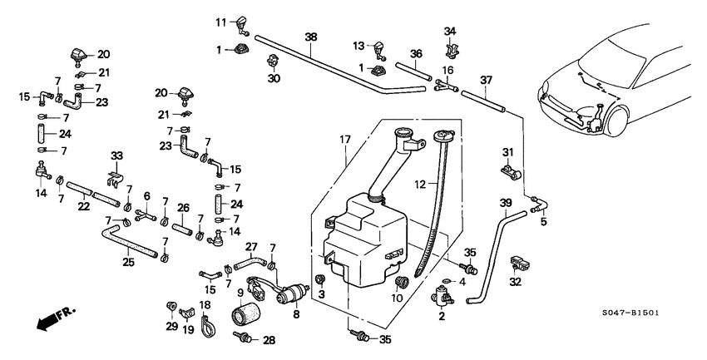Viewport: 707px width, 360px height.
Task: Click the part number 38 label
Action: (x=310, y=37)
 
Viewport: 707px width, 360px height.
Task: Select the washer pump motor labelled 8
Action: (x=294, y=293)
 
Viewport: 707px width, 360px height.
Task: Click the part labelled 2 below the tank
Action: (x=442, y=296)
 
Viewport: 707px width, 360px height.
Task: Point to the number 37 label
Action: (x=487, y=81)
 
